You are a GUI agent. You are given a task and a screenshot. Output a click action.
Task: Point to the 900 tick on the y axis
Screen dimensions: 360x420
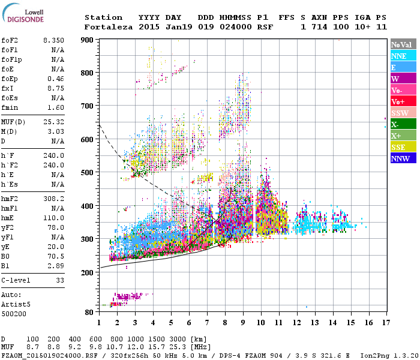(x=87, y=40)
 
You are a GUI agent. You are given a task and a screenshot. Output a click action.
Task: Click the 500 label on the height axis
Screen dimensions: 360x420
(x=87, y=173)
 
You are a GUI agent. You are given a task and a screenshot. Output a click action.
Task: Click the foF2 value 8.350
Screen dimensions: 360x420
(x=53, y=40)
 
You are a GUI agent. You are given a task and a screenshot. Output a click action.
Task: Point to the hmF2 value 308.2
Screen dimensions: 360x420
(x=53, y=198)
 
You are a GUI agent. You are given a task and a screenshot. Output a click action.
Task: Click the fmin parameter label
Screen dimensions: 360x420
(x=10, y=107)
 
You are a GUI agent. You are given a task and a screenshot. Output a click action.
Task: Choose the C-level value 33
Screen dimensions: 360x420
(x=59, y=280)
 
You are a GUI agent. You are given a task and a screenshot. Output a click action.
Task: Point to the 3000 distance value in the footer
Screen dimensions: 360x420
(x=182, y=340)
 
